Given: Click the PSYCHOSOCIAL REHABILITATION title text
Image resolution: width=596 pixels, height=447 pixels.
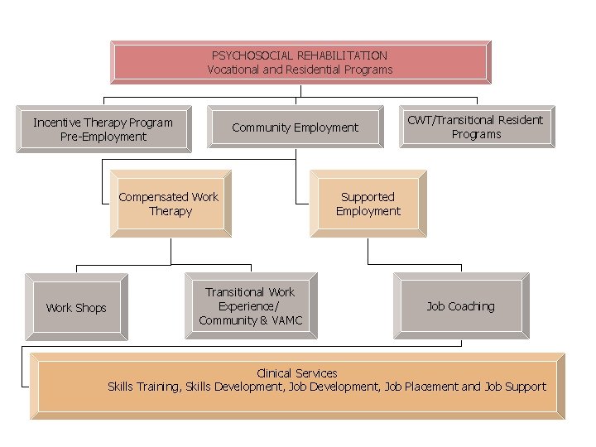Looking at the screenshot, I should tap(300, 55).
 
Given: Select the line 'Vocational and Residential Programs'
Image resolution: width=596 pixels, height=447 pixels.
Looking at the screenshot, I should tap(300, 70).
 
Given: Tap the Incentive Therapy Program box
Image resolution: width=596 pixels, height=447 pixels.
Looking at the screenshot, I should tap(103, 129).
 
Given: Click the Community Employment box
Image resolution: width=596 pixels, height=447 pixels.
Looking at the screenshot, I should tap(295, 127).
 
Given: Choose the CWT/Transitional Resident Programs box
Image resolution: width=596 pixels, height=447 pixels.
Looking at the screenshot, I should tap(477, 127).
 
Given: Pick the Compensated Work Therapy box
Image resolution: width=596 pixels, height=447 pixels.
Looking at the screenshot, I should tap(169, 204).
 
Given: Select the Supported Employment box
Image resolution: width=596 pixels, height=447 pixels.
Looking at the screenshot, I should tap(368, 204).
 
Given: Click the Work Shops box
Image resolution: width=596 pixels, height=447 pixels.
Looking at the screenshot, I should tap(76, 307).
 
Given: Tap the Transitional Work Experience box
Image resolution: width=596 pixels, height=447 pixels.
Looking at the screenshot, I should tap(251, 306).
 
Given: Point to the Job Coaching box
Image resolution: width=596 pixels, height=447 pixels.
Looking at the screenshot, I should tap(460, 306).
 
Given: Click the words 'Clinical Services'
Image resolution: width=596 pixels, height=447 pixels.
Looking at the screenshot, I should tap(297, 373).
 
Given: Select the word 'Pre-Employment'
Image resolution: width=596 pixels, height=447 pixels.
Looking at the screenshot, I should tap(103, 137).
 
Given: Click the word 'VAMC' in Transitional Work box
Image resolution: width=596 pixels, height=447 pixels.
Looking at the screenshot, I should tap(287, 320).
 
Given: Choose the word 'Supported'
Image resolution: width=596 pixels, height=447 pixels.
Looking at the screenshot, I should tap(368, 197).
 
